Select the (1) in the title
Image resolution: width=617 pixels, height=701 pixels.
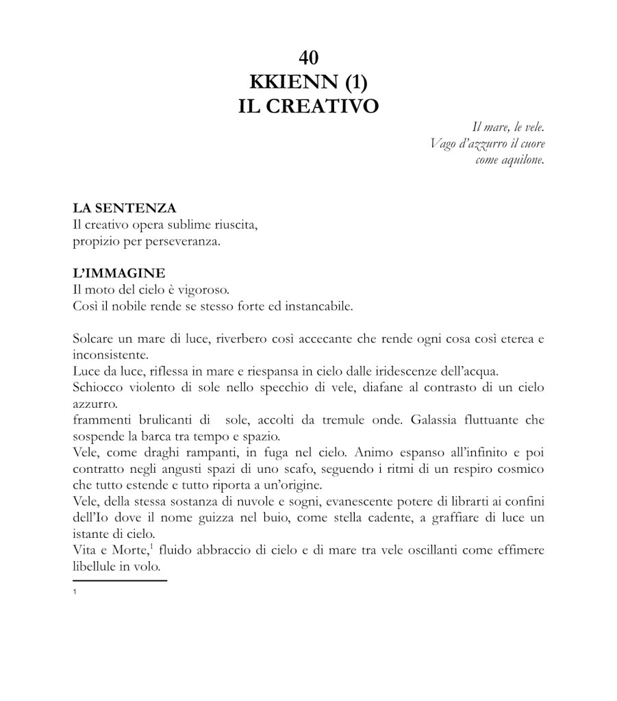coord(355,82)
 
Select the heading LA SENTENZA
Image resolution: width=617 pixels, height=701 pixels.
coord(124,208)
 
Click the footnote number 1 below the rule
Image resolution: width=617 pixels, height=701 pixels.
coord(74,591)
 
